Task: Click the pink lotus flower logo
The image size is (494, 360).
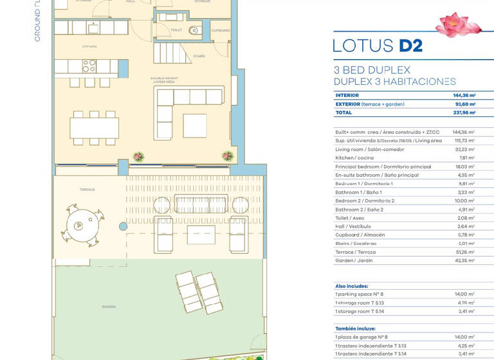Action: point(459,24)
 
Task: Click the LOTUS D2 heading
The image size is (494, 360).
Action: point(378,46)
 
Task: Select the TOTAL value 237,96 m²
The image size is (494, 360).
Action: point(464,113)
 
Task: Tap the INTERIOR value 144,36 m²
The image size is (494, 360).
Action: point(464,95)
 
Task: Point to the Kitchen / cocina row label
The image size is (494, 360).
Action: point(354,157)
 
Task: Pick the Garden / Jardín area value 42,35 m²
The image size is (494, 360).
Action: point(464,260)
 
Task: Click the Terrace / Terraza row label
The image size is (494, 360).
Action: point(356,252)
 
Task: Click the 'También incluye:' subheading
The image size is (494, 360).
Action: point(355,328)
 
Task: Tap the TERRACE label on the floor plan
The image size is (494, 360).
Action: point(87,190)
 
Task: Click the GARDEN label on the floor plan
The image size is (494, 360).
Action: point(108,307)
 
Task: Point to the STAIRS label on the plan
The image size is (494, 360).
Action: point(199,56)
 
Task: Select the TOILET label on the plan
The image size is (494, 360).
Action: point(176,30)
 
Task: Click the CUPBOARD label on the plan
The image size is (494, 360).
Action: point(221,30)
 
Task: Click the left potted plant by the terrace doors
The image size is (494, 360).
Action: point(138,156)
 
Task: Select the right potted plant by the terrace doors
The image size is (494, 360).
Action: point(227,156)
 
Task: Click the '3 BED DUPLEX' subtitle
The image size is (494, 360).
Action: point(372,69)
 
